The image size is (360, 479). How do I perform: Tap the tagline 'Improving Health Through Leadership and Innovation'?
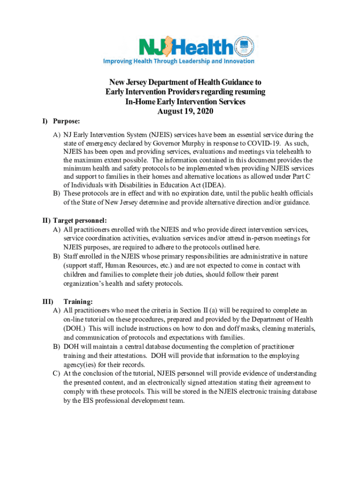(179, 61)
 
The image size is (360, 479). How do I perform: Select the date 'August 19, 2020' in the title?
(185, 111)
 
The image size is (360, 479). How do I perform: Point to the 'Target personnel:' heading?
(80, 220)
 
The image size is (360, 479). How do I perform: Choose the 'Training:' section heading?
(78, 301)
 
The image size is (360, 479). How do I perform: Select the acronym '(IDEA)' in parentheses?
(199, 185)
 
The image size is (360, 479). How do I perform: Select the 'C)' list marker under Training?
(56, 374)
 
